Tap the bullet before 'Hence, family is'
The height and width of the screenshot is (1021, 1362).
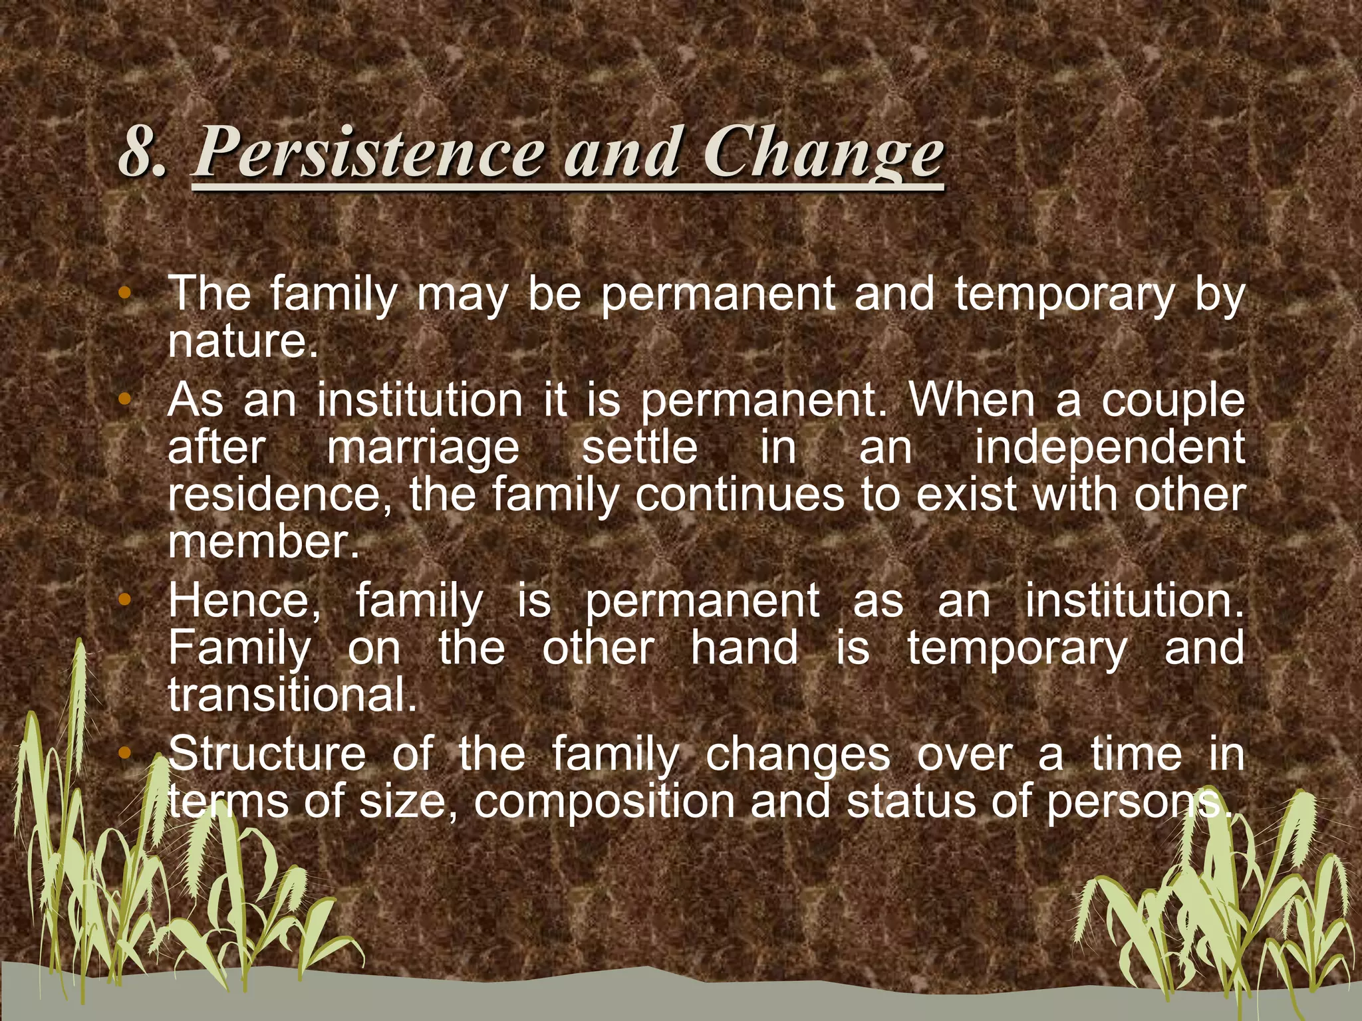(x=124, y=600)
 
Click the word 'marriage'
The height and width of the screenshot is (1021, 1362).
(x=423, y=447)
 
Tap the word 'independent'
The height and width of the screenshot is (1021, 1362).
(x=1109, y=447)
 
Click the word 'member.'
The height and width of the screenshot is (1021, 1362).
(x=263, y=542)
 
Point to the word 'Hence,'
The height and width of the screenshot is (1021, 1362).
(x=245, y=601)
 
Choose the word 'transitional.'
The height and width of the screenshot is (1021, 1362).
(x=293, y=695)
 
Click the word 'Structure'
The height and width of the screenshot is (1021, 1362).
(x=267, y=754)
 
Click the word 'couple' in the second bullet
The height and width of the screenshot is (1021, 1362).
(x=1172, y=401)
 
